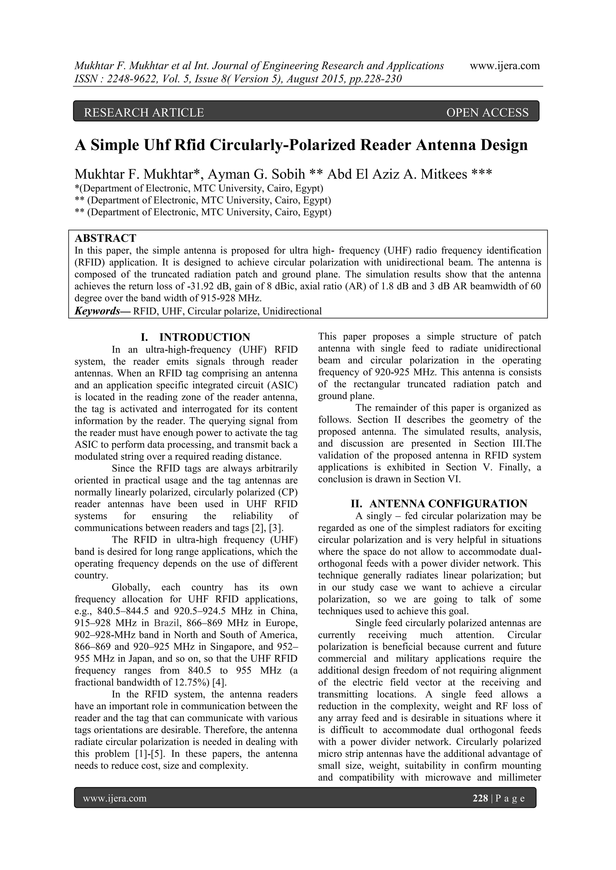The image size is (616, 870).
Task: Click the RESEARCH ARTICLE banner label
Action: tap(144, 112)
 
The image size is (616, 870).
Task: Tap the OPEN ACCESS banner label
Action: tap(487, 112)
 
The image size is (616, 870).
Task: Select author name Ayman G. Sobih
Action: tap(256, 174)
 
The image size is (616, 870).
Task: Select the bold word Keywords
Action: tap(97, 311)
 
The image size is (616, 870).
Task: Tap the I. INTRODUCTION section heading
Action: tap(195, 337)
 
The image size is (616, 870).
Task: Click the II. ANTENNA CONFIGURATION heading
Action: tap(439, 504)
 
